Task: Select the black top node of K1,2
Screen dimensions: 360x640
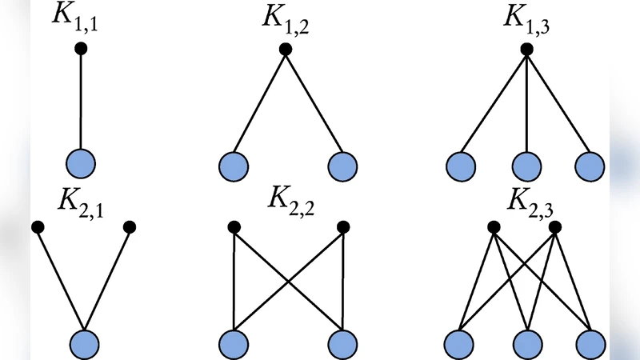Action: [x=286, y=50]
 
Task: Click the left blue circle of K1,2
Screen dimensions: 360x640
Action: [x=233, y=166]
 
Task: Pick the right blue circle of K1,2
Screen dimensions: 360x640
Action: [x=342, y=166]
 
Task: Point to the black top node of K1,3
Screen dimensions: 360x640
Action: [x=526, y=50]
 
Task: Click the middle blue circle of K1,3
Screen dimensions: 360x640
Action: [x=526, y=166]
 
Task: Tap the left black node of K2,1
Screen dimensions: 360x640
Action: [x=38, y=227]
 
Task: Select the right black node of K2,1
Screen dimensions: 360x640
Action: [x=130, y=227]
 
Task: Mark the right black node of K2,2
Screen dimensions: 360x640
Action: [x=342, y=227]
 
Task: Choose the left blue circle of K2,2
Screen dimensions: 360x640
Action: [x=233, y=344]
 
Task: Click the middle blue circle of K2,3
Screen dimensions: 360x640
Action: [x=526, y=344]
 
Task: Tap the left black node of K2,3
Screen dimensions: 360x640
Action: [x=494, y=227]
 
